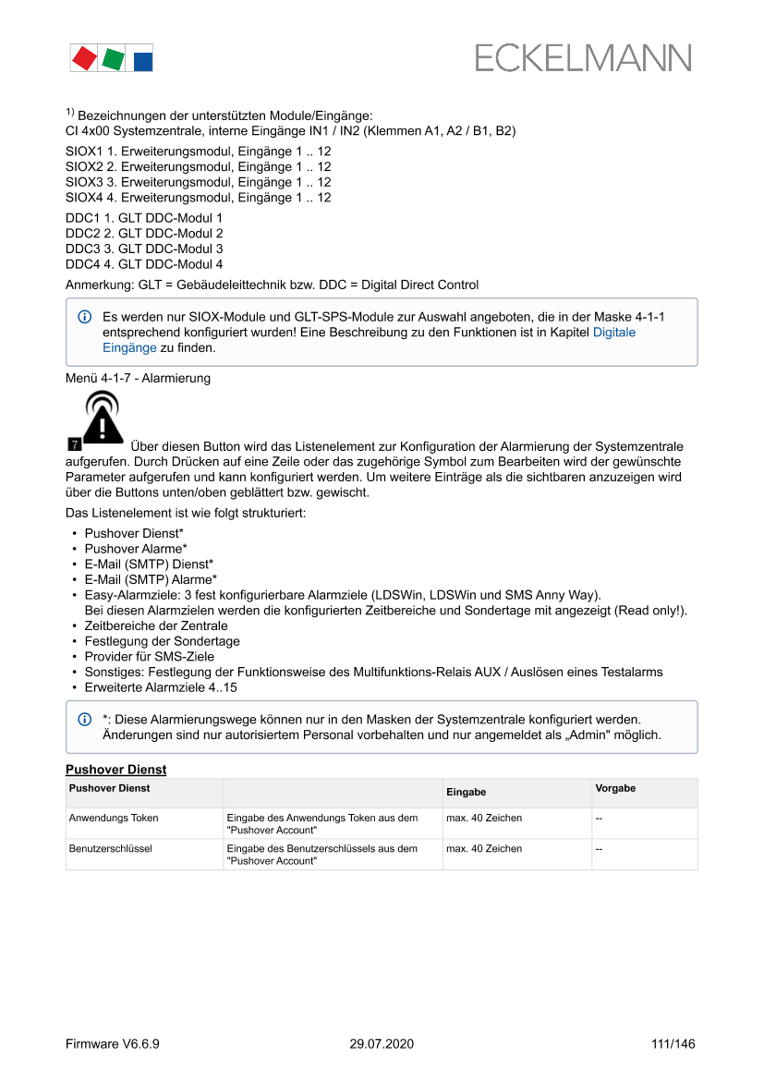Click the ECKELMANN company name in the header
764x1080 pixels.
[x=583, y=58]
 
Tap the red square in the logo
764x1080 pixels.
[x=84, y=58]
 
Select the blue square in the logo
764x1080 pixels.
[x=142, y=61]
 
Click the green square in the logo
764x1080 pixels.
[x=113, y=59]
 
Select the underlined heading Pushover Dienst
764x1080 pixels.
[x=115, y=770]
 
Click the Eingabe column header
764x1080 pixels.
[x=466, y=793]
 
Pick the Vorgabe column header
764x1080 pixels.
[x=615, y=788]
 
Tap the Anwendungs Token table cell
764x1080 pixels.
[x=114, y=818]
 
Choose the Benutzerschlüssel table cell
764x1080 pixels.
[x=110, y=848]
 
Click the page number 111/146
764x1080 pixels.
[x=673, y=1044]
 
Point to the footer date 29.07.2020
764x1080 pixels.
[x=382, y=1044]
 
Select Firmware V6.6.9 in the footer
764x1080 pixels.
[x=113, y=1044]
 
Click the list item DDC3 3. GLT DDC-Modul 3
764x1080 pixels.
[x=144, y=249]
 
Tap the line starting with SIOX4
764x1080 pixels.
[x=198, y=198]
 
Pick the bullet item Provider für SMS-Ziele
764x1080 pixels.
[x=149, y=656]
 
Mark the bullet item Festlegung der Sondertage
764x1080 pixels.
[x=162, y=641]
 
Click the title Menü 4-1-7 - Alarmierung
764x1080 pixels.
[x=138, y=378]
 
